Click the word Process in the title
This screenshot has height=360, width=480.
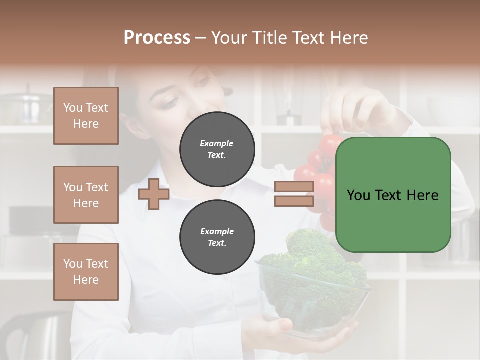(x=157, y=38)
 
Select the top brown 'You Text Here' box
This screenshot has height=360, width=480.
(x=86, y=116)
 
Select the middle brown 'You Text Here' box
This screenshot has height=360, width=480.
(x=86, y=195)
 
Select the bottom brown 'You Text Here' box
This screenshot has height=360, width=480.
(x=86, y=272)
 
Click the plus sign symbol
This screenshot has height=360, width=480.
(x=154, y=194)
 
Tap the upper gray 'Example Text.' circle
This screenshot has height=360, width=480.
(x=217, y=149)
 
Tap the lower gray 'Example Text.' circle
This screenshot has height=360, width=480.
(x=217, y=237)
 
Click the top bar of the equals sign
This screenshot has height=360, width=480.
(x=294, y=187)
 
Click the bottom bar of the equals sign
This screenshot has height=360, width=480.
(x=294, y=201)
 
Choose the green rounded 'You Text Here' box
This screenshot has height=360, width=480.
(x=393, y=195)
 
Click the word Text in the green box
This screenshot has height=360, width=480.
(x=393, y=195)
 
